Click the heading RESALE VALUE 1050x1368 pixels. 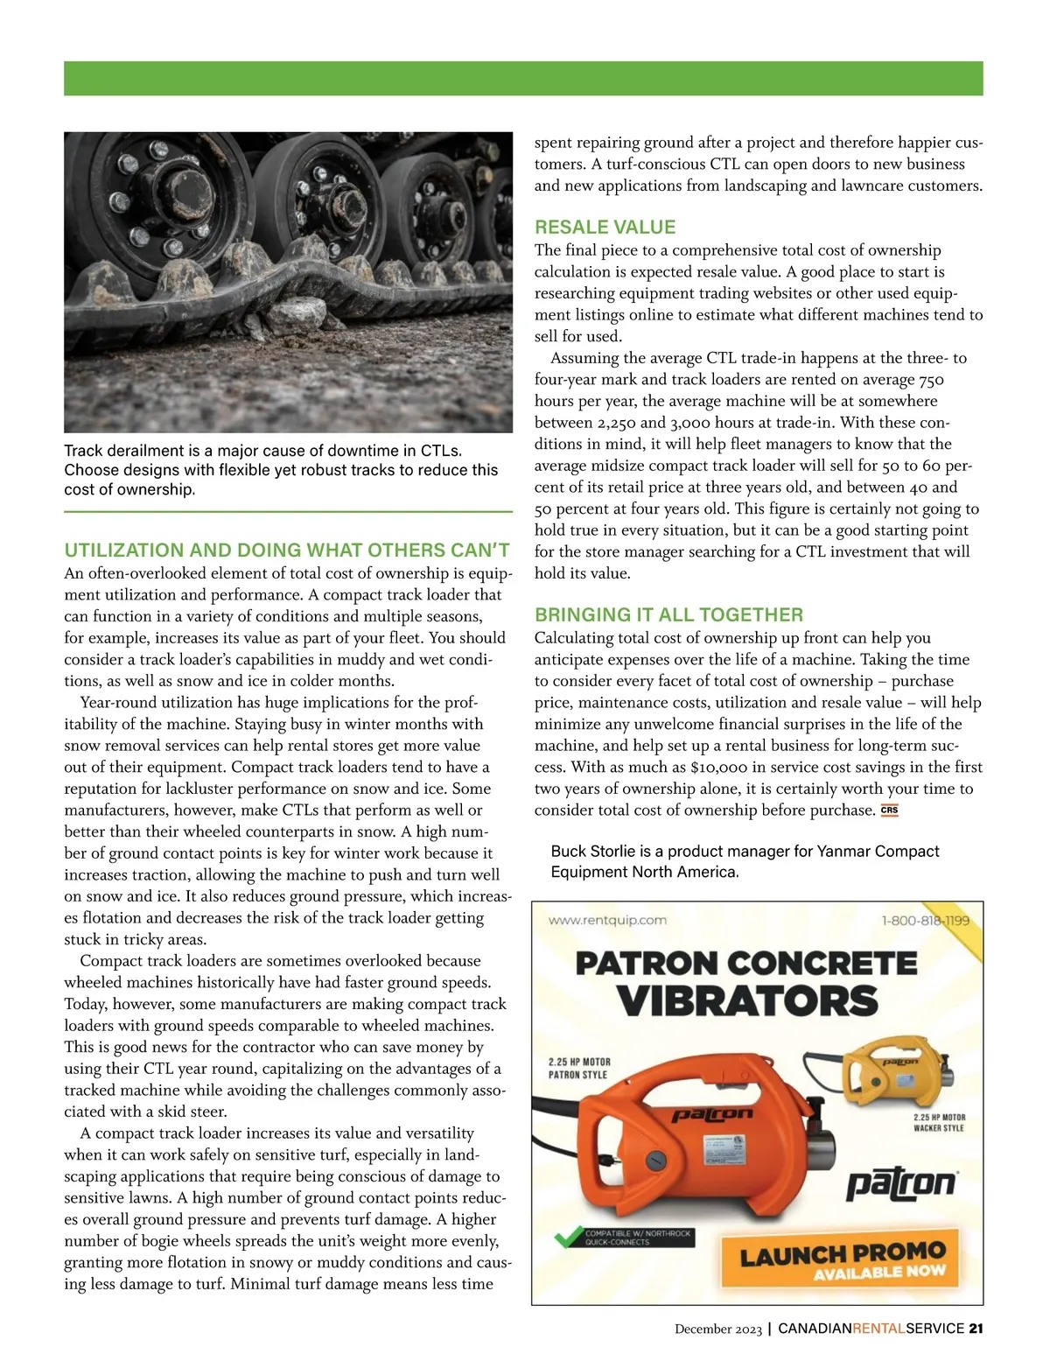(x=605, y=228)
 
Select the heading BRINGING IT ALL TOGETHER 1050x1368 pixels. (x=668, y=614)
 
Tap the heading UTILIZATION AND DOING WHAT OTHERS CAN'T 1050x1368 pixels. (x=287, y=551)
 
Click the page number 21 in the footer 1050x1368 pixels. (x=976, y=1329)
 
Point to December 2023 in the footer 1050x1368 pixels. (x=718, y=1329)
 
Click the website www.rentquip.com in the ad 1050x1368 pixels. (x=607, y=920)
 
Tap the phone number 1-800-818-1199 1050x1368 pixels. (x=925, y=921)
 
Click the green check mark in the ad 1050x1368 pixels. (x=568, y=1238)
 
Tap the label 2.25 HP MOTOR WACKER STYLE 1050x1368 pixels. (x=939, y=1123)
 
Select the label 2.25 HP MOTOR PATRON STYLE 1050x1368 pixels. (x=578, y=1068)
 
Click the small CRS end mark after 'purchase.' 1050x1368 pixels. (x=889, y=810)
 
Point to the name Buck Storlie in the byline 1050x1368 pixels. (x=592, y=852)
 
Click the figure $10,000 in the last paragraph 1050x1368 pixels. (x=717, y=768)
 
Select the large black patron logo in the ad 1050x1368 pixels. (x=900, y=1184)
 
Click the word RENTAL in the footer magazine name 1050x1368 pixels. (x=878, y=1329)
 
